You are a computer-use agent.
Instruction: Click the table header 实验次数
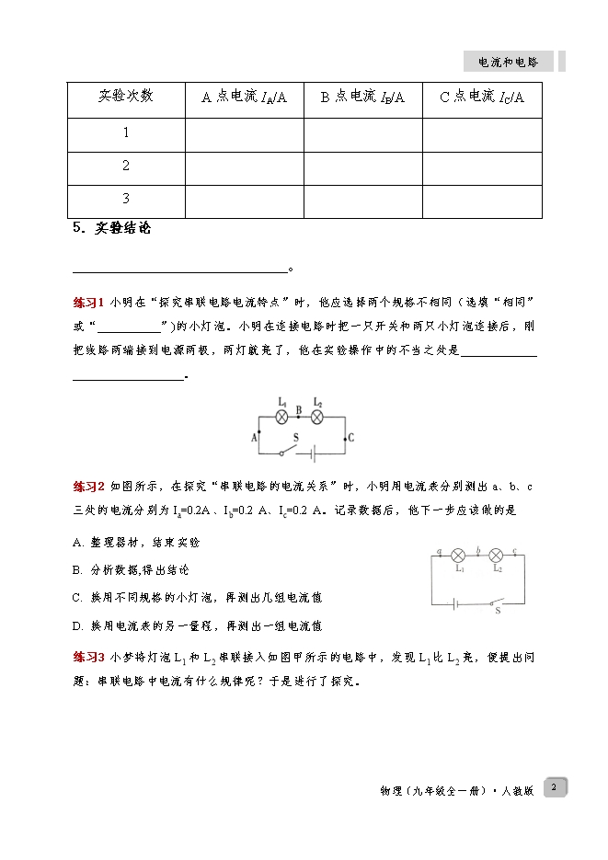point(126,97)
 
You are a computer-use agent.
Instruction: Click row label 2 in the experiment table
point(126,166)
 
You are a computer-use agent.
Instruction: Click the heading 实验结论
point(116,230)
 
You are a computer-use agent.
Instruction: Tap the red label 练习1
point(89,303)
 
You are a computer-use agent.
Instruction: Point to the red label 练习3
point(89,657)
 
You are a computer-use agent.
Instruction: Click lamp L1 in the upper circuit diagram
point(282,417)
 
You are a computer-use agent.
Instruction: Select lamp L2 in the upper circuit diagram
point(317,417)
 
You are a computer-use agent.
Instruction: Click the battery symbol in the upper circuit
point(313,453)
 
